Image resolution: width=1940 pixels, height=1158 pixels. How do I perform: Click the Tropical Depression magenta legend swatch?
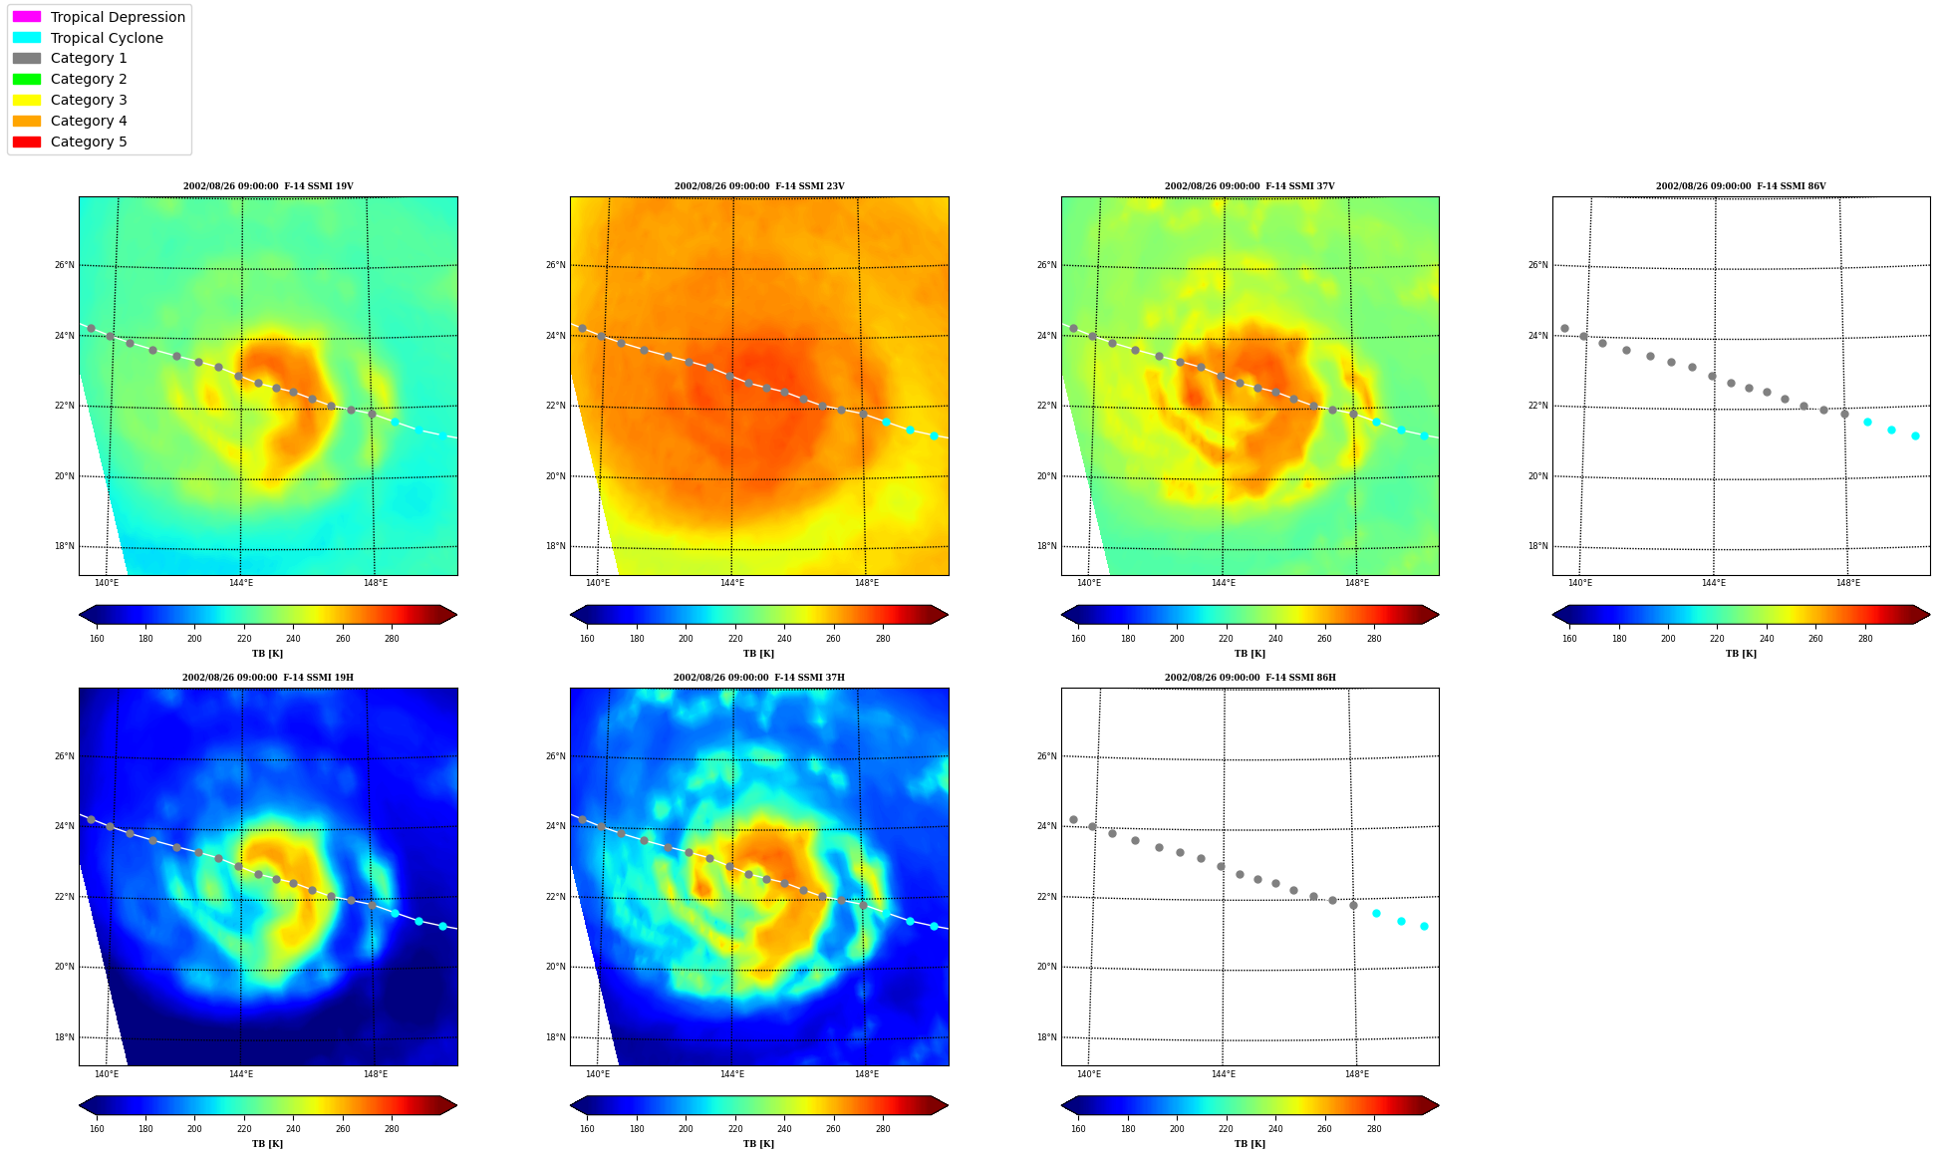[27, 17]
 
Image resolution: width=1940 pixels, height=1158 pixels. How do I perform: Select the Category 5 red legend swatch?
[27, 142]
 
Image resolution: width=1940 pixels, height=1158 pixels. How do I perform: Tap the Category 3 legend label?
[89, 100]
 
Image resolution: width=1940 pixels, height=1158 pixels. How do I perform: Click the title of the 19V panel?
[268, 186]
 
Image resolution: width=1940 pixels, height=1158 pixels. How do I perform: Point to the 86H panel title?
[1250, 678]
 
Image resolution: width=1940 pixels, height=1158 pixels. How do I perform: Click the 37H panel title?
[759, 678]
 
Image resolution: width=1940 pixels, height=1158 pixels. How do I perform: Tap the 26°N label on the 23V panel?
[555, 265]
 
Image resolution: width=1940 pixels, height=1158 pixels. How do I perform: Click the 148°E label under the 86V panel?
[1848, 583]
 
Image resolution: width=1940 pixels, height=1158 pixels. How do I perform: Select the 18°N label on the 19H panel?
[64, 1037]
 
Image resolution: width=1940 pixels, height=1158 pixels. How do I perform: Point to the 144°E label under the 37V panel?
[1223, 583]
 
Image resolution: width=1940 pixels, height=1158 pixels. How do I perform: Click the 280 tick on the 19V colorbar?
[392, 639]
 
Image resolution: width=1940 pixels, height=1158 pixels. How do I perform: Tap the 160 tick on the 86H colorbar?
[1078, 1129]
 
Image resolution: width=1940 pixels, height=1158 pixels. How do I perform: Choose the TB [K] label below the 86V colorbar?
[1742, 654]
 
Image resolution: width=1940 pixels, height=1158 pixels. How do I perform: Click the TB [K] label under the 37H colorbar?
[759, 1144]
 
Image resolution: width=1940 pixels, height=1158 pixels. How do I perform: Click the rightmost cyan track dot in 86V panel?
[1915, 435]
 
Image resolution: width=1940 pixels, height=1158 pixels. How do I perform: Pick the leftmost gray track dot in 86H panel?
[1073, 819]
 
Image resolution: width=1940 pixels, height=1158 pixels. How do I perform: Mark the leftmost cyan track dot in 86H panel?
[1376, 913]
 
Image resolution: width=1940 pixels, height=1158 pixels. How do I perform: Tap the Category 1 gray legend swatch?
[27, 58]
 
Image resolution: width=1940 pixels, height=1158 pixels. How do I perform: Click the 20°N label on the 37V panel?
[1046, 476]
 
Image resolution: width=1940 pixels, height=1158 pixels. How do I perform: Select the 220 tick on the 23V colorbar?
[735, 639]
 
